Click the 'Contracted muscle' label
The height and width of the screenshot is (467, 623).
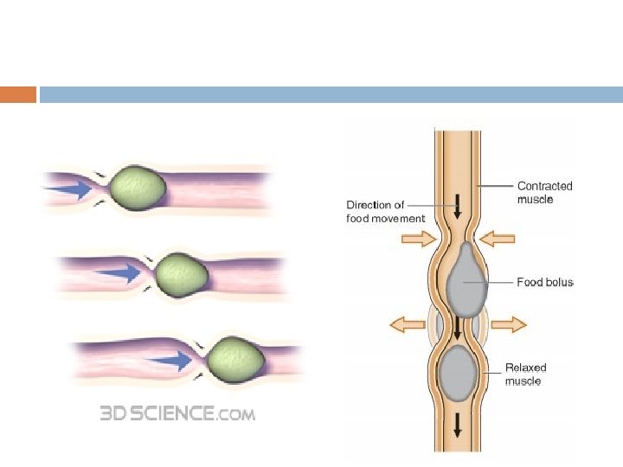544,192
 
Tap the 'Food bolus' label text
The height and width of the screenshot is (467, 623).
545,282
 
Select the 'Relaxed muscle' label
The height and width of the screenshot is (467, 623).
525,374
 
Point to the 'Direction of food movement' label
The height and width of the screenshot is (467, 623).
386,212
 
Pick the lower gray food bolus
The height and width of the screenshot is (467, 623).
458,373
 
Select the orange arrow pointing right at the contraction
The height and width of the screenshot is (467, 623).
419,240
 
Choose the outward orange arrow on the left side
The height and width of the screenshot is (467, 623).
408,324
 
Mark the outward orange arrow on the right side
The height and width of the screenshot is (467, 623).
510,324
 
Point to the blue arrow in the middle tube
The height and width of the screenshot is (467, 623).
119,273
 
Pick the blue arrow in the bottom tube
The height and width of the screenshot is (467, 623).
170,359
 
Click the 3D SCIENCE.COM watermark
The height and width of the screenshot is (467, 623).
177,413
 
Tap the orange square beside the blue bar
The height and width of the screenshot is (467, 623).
18,94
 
